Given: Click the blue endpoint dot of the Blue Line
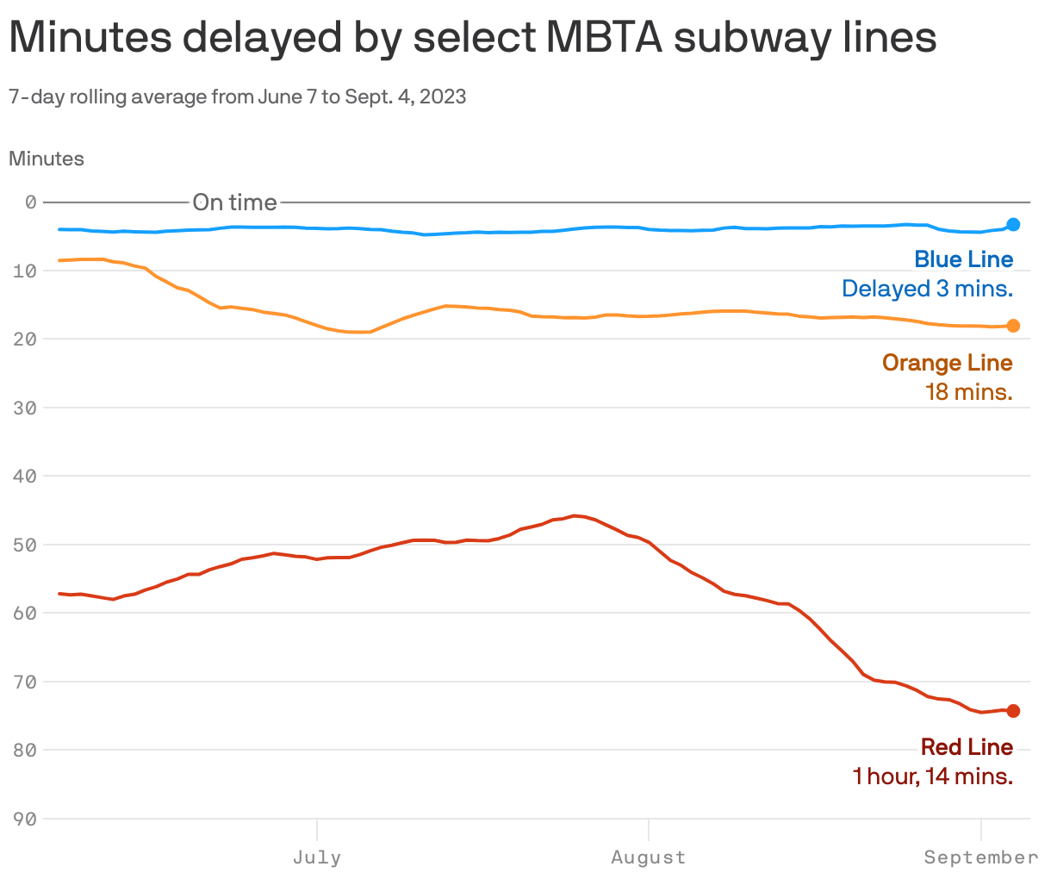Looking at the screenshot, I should pos(1013,225).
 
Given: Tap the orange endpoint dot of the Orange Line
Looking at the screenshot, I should pos(1013,326).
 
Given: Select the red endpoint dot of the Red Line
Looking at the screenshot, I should pos(1013,711).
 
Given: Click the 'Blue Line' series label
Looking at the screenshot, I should pos(963,259).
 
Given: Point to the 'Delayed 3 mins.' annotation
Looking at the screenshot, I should pos(927,289).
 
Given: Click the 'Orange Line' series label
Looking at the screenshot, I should pos(947,363).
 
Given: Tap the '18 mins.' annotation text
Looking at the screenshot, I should pos(968,392).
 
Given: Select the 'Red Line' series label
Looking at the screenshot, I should pos(967,747).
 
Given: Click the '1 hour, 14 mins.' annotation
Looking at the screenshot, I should pos(932,776).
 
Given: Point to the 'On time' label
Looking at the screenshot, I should pos(234,203).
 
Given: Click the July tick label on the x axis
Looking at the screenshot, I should pos(317,857).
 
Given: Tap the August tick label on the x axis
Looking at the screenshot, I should pos(648,857).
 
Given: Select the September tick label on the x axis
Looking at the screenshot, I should pos(980,857).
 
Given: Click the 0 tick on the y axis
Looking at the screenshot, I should pos(31,203).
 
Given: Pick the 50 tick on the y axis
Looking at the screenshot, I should pos(26,545).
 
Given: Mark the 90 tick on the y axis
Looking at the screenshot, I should pos(26,819).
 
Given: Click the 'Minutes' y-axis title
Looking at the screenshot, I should pos(47,159).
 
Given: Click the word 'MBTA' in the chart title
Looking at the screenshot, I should pos(603,38).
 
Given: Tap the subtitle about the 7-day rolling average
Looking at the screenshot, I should pos(238,97).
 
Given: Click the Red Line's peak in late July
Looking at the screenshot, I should pos(575,516).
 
